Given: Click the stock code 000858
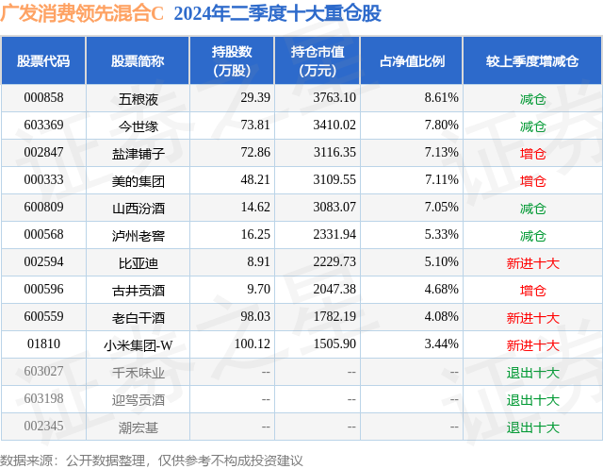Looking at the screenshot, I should click(x=43, y=97).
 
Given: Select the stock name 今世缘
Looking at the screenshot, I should click(x=138, y=125).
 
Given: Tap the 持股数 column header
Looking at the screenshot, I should click(x=232, y=60).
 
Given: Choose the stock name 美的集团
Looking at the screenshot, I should click(x=138, y=180).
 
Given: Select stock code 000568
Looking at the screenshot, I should click(x=43, y=235).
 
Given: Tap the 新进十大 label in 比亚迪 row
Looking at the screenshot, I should click(x=532, y=262).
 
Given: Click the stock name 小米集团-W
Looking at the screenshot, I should click(x=138, y=345).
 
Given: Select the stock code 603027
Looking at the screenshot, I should click(x=43, y=373).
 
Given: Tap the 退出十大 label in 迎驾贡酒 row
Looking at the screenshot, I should click(x=532, y=400).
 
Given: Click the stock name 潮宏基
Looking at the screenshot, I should click(x=138, y=427).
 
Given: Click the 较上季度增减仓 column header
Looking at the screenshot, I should click(x=532, y=60).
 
